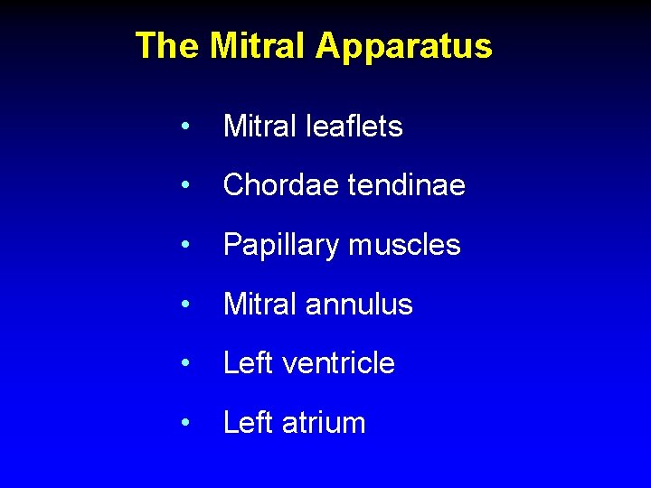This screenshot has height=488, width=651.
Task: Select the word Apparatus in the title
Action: (x=404, y=46)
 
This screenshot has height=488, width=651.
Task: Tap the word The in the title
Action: (x=166, y=45)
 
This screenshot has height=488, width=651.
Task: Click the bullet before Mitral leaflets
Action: (x=184, y=127)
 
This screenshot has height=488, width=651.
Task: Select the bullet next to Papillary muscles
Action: (x=184, y=246)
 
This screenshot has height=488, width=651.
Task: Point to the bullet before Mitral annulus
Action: (x=184, y=305)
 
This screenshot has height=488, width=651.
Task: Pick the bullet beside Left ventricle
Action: (x=184, y=364)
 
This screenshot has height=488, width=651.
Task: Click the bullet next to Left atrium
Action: (x=184, y=424)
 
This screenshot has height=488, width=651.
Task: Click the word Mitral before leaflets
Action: (x=259, y=127)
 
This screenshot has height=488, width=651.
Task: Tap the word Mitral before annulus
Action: (x=259, y=305)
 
